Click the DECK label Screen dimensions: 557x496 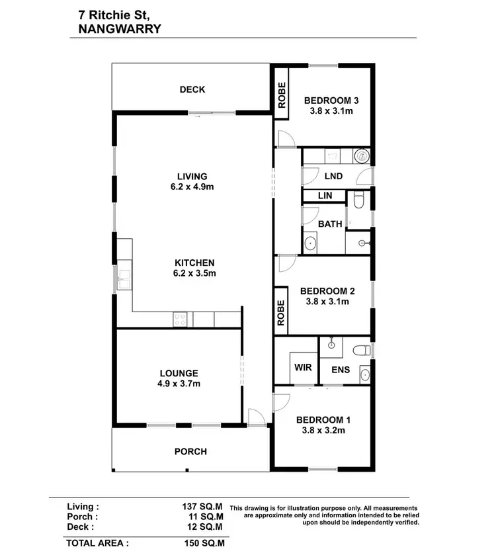coord(192,90)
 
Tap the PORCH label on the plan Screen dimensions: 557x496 coord(190,452)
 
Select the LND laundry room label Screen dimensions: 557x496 coord(334,176)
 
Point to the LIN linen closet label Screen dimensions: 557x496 coord(325,196)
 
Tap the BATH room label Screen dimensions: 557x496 coord(330,224)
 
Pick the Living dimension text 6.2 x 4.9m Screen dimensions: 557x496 coord(192,187)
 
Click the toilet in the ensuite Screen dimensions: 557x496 coord(361,349)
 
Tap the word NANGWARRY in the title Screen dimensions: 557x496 coord(114,28)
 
